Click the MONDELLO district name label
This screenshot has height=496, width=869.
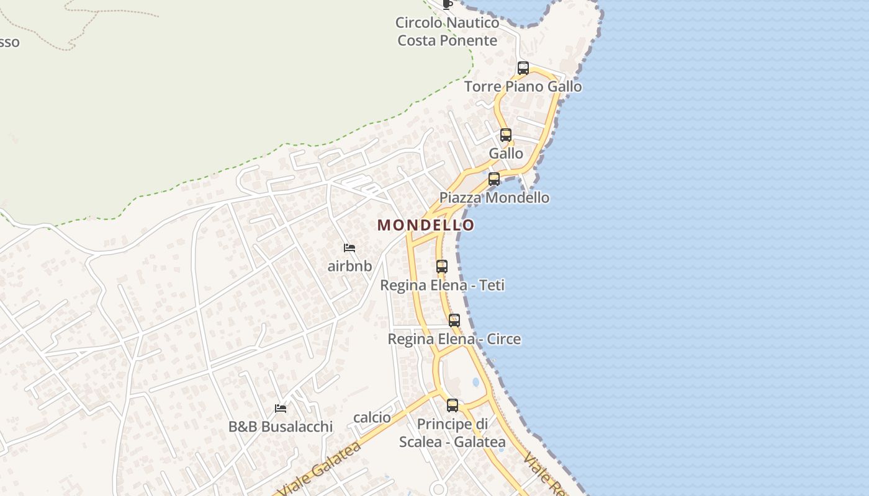tap(426, 225)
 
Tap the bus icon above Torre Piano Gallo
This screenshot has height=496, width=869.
tap(523, 68)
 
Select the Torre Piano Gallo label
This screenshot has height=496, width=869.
tap(523, 86)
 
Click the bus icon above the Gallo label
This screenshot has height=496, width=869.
tap(506, 135)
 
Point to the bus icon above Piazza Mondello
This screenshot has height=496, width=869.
tap(494, 179)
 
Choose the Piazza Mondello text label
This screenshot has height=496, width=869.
tap(494, 198)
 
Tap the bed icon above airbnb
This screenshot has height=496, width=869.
tap(349, 248)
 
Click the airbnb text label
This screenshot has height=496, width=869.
tap(349, 266)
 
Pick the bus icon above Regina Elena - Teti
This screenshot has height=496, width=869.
tap(442, 267)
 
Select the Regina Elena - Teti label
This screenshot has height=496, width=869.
tap(442, 285)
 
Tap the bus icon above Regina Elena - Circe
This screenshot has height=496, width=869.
tap(454, 321)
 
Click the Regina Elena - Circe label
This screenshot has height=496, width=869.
tap(454, 339)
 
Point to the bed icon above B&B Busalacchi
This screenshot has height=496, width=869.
tap(281, 409)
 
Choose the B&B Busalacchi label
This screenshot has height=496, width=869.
tap(281, 427)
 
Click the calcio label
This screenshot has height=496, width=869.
tap(372, 417)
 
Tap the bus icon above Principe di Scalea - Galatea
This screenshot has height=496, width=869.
tap(453, 405)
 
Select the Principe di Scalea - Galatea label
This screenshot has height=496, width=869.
tap(452, 433)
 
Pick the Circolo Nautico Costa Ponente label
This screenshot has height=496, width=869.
tap(448, 32)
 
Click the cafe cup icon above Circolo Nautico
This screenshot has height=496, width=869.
tap(448, 4)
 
